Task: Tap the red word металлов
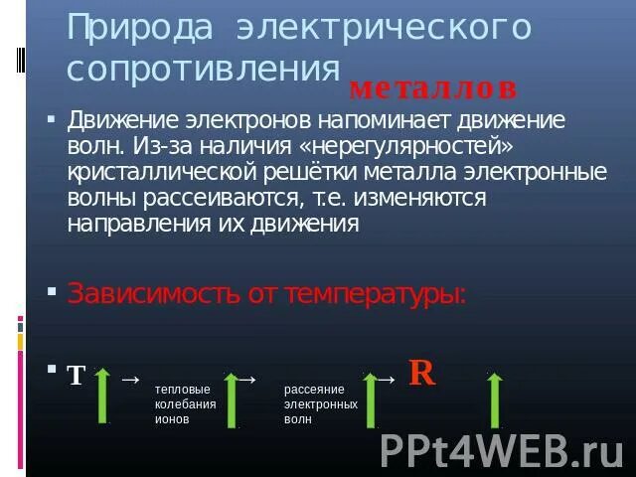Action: click(433, 88)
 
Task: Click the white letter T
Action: click(77, 376)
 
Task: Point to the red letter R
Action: click(421, 373)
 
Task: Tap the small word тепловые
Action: click(182, 391)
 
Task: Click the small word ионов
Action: click(172, 419)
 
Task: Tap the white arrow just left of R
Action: click(388, 379)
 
